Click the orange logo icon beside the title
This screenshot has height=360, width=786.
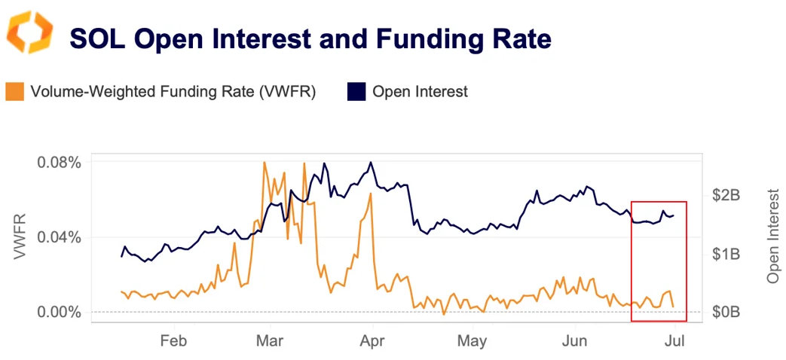pos(30,32)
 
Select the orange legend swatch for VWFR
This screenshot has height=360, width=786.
pos(14,92)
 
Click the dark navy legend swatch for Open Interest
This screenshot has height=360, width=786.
pos(356,92)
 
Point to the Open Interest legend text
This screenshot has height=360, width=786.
pos(420,92)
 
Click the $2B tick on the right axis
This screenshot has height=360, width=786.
pos(726,195)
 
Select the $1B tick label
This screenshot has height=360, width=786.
pos(726,254)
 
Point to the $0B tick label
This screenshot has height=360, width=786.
pos(726,312)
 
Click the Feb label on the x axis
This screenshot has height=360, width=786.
pos(173,340)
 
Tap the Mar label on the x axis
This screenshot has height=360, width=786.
pos(270,340)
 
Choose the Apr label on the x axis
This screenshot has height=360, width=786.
pos(372,340)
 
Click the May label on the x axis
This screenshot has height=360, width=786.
pos(472,340)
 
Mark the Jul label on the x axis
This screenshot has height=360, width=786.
pos(674,340)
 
